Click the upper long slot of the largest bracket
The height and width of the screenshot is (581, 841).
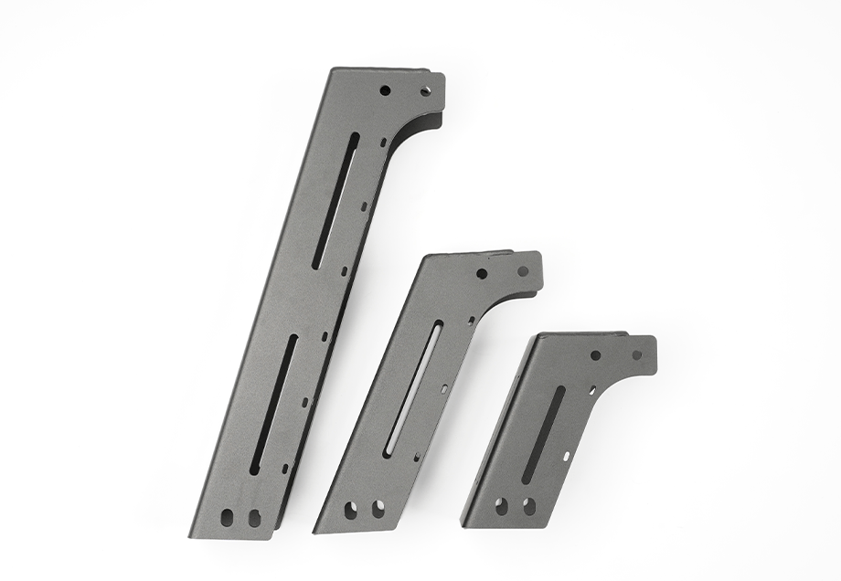(335, 201)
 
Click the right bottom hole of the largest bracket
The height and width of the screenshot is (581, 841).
(253, 518)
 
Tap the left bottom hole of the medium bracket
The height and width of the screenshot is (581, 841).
(352, 510)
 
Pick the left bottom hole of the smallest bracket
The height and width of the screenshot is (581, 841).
(502, 504)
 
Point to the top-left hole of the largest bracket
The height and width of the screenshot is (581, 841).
(385, 90)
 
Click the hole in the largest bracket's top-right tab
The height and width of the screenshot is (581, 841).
(426, 90)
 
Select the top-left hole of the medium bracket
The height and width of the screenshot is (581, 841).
(482, 273)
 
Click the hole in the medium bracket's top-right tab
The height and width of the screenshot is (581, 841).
(523, 270)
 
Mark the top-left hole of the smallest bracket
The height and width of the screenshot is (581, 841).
(595, 355)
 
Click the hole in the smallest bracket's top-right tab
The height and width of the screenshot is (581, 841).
(637, 354)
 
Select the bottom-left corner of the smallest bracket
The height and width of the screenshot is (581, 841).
(463, 525)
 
